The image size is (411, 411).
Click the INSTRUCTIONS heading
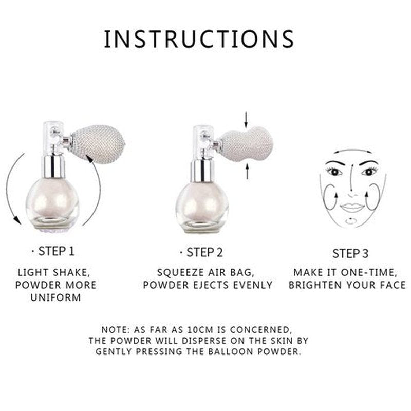click(199, 39)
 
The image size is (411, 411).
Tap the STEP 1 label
click(57, 251)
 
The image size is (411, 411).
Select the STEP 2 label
click(204, 252)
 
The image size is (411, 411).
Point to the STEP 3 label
click(350, 253)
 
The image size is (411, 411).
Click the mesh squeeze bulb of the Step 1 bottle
click(98, 144)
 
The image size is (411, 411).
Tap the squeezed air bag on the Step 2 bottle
click(247, 144)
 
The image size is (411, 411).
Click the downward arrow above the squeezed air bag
click(246, 120)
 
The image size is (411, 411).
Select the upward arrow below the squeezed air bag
click(247, 171)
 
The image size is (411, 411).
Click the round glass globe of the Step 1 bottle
click(52, 202)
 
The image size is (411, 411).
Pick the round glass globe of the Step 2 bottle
click(202, 206)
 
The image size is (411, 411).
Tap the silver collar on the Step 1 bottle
click(53, 167)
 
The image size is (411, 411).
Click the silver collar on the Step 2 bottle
click(202, 171)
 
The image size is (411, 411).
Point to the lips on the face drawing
click(352, 208)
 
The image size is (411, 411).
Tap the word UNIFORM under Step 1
click(55, 297)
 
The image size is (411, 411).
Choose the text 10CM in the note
click(201, 329)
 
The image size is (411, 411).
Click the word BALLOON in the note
click(231, 351)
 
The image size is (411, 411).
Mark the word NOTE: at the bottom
click(116, 329)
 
